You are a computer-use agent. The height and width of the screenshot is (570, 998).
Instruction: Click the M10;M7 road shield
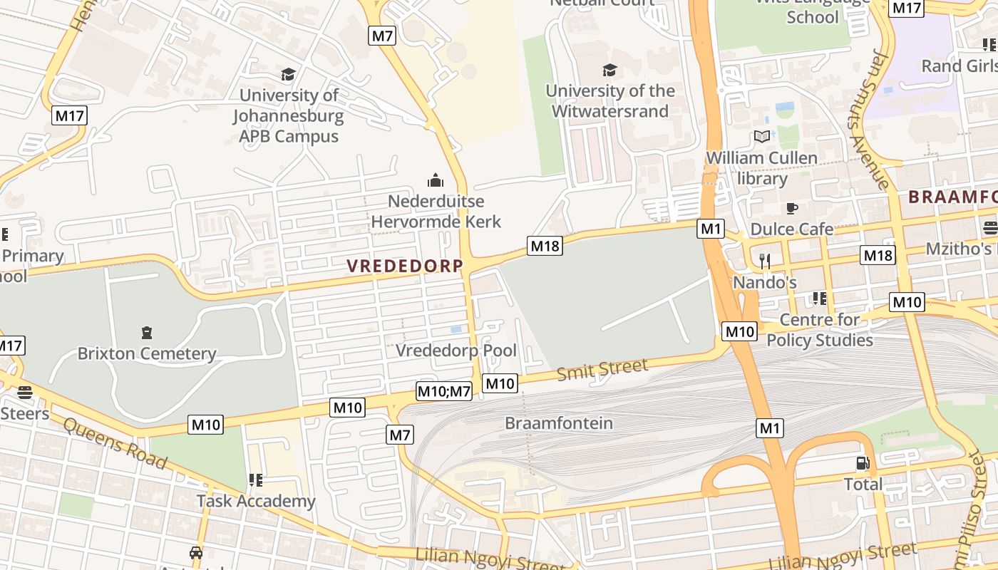pyautogui.click(x=443, y=390)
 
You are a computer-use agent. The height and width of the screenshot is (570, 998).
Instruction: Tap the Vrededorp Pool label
pyautogui.click(x=456, y=351)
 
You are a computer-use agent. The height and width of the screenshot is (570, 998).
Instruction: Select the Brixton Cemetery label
pyautogui.click(x=146, y=353)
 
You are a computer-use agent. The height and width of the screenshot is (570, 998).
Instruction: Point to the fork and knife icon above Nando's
pyautogui.click(x=765, y=261)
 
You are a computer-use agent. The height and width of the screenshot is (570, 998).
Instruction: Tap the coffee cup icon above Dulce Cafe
pyautogui.click(x=791, y=208)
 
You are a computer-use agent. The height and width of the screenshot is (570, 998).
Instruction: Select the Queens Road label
pyautogui.click(x=115, y=444)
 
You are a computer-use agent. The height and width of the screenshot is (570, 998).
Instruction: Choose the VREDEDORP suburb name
pyautogui.click(x=405, y=266)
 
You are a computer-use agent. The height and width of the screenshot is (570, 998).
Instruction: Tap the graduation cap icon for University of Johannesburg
pyautogui.click(x=288, y=75)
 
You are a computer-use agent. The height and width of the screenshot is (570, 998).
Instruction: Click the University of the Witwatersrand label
pyautogui.click(x=610, y=100)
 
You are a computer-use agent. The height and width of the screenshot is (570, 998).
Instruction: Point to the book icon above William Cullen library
pyautogui.click(x=761, y=136)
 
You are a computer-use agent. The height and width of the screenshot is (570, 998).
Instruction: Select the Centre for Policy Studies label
pyautogui.click(x=819, y=330)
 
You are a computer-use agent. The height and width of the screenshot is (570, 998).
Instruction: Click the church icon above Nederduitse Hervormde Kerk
pyautogui.click(x=436, y=180)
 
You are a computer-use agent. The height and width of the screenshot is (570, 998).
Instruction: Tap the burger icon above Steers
pyautogui.click(x=25, y=393)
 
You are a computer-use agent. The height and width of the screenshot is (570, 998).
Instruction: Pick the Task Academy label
pyautogui.click(x=255, y=501)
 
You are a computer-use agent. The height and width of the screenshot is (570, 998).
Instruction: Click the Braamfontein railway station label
pyautogui.click(x=558, y=423)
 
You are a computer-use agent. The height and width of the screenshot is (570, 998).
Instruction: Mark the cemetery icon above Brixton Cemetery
pyautogui.click(x=147, y=332)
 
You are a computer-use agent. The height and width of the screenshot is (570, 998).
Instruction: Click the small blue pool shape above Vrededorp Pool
pyautogui.click(x=456, y=329)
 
